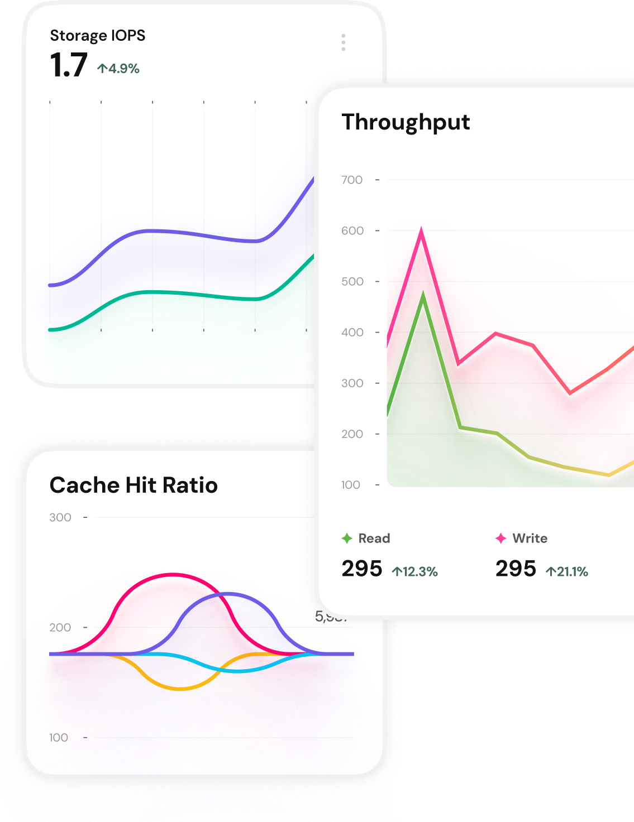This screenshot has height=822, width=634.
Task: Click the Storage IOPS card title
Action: click(98, 36)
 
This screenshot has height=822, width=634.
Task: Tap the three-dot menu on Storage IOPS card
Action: click(343, 42)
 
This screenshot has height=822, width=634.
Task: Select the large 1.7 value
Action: click(69, 65)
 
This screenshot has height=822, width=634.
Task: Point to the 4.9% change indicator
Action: click(118, 69)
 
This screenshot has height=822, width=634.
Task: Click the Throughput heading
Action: click(406, 122)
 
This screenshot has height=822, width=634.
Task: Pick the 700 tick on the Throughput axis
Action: click(352, 180)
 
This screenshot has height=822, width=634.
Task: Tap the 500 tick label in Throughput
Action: click(352, 281)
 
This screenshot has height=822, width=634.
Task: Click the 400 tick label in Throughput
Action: click(352, 332)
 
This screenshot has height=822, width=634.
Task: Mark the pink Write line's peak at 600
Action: click(421, 229)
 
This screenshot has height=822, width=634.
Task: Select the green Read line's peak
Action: click(423, 294)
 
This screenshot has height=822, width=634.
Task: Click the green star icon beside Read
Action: click(347, 538)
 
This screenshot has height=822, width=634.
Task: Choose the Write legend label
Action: click(530, 538)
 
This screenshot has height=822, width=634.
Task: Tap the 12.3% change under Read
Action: click(415, 571)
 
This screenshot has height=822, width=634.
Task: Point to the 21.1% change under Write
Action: click(567, 571)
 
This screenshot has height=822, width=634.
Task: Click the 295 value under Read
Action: click(362, 569)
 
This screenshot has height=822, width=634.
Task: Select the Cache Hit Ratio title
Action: click(134, 485)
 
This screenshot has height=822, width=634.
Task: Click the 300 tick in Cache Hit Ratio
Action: click(60, 517)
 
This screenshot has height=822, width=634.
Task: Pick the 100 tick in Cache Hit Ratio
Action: click(59, 737)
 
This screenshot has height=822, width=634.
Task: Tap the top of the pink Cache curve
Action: click(173, 574)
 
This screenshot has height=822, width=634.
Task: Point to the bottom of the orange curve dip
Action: click(180, 689)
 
